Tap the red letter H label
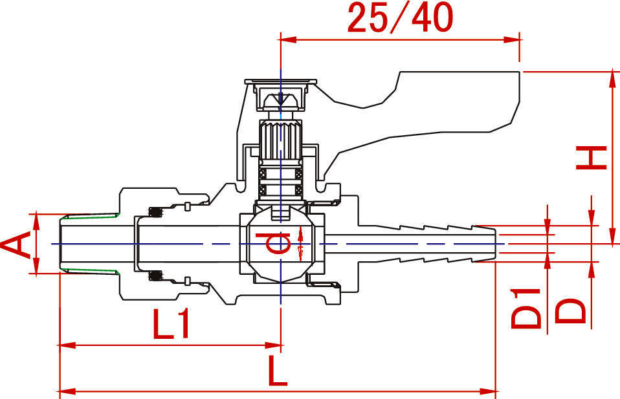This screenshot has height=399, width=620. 592,157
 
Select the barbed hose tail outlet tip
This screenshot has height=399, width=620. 489,244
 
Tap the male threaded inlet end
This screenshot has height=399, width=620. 87,244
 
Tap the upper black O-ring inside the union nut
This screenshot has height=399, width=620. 155,211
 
